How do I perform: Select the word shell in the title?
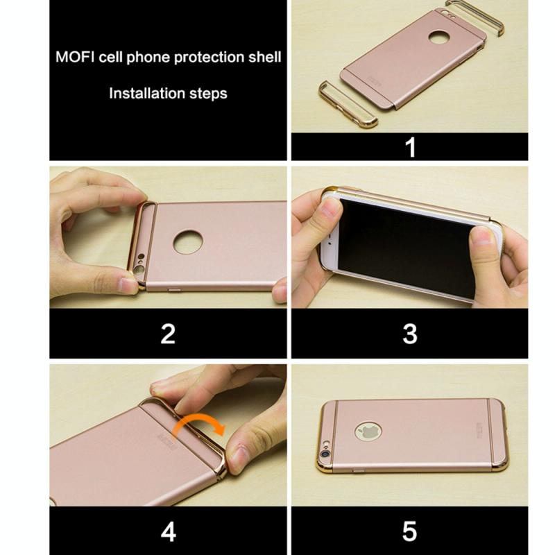pos(264,57)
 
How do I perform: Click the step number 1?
pos(410,147)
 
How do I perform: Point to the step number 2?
pos(168,334)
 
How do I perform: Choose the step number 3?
pos(410,334)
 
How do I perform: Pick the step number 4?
pos(168,531)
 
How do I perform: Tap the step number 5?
pos(410,531)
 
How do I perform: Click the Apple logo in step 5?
pos(368,432)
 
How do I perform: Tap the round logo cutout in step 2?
pos(188,241)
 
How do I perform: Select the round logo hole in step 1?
pos(439,37)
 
